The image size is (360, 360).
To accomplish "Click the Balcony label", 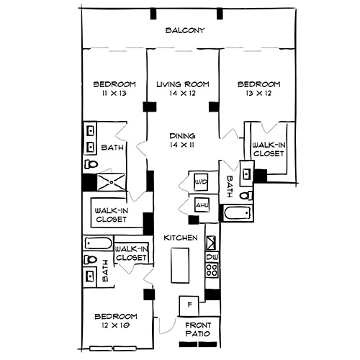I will point(186,30).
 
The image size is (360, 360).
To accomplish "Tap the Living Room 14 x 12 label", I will point(183,89).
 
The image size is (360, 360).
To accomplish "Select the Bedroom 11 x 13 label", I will point(109,89).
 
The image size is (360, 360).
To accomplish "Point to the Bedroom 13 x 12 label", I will point(259,89).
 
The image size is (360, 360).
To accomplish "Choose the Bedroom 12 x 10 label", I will point(115,322).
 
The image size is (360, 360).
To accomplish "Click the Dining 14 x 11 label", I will point(183,140).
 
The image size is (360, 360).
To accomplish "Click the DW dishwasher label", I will point(212,257).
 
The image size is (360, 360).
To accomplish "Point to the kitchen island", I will point(179,266).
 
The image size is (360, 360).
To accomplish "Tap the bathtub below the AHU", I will point(237,215).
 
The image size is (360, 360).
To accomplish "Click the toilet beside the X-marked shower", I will point(89,164).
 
